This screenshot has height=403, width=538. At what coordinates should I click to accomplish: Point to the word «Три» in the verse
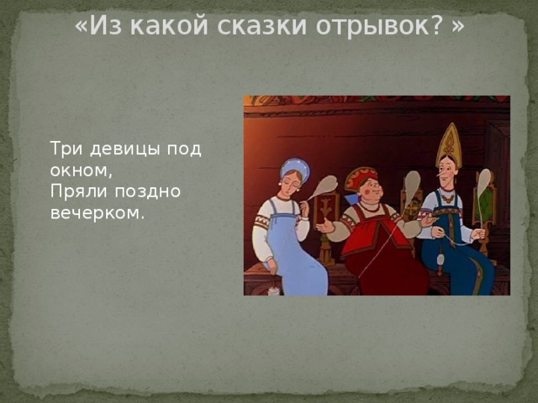65,149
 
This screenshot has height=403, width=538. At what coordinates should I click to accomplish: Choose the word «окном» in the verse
85,170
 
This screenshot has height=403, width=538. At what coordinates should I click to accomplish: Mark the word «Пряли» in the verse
73,191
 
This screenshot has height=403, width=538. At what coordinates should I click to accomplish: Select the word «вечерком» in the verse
96,213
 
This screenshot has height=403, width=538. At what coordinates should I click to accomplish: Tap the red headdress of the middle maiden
361,175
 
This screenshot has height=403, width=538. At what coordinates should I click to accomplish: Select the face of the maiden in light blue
291,181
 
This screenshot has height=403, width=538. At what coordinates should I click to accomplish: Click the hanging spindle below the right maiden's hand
440,259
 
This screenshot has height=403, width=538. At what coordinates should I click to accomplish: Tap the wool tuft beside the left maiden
326,185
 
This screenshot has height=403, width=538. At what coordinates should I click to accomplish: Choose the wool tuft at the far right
483,181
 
